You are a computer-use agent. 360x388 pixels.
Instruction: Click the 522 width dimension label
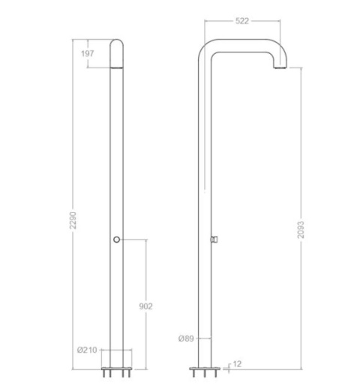(242, 21)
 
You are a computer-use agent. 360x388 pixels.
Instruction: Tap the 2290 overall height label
(73, 220)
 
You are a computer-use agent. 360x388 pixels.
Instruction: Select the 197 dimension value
(87, 53)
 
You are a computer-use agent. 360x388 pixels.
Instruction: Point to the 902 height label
(145, 306)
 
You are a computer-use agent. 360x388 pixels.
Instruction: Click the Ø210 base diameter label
(87, 350)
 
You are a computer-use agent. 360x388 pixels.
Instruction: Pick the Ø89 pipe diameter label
(186, 339)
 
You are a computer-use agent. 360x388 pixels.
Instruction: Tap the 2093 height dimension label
(301, 230)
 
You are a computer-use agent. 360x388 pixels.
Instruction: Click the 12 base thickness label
(237, 364)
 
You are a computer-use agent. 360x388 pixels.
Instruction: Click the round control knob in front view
(116, 240)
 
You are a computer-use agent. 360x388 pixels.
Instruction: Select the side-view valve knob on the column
(214, 239)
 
